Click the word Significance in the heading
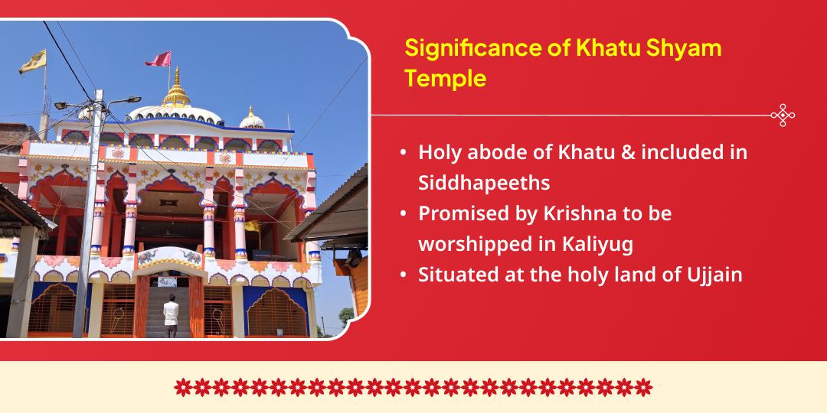pos(472,49)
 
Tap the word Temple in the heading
pos(446,79)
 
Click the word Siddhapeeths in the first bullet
pos(484,183)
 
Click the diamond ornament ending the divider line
pos(783,115)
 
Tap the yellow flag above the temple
pos(33,61)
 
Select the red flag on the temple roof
pos(159,59)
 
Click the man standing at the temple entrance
pos(170,315)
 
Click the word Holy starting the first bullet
pos(439,153)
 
